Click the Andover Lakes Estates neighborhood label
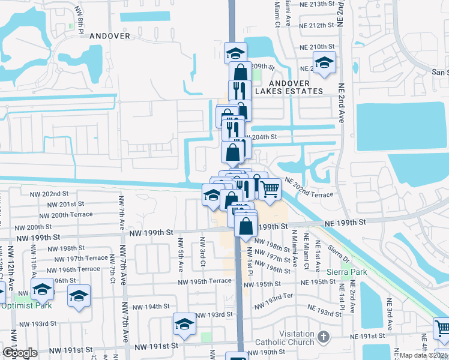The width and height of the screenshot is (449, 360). click(x=289, y=87)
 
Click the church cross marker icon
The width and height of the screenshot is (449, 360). click(x=325, y=336)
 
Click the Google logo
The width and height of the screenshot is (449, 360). click(x=20, y=353)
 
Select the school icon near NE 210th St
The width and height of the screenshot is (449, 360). click(x=324, y=62)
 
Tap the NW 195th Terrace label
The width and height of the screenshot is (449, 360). click(x=204, y=281)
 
